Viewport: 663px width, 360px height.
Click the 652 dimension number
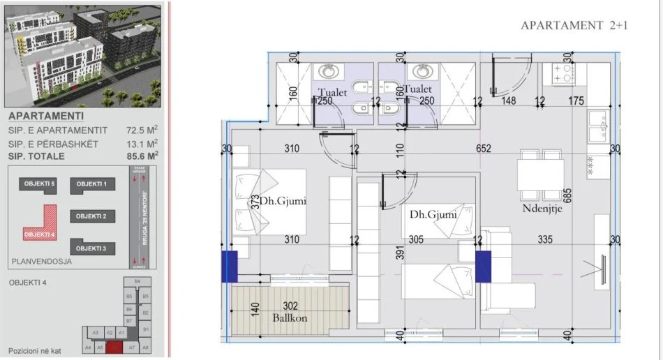point(484,149)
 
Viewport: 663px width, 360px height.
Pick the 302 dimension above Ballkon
point(291,305)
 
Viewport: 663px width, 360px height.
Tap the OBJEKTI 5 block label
point(40,183)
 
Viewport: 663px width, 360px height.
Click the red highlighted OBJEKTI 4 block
point(40,233)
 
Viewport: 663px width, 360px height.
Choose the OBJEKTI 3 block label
point(91,248)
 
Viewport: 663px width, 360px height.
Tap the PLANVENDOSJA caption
point(38,263)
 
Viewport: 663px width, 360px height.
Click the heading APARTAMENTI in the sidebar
point(47,117)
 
